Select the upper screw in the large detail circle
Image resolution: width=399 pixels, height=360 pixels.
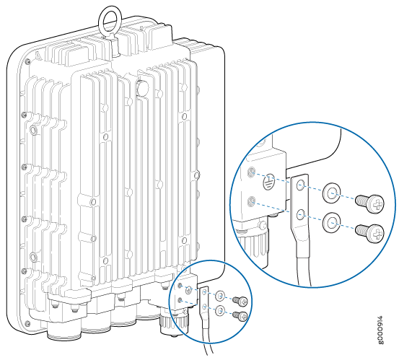369,203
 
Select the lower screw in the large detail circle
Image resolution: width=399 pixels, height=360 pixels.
369,233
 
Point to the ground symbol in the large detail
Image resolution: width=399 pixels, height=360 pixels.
268,182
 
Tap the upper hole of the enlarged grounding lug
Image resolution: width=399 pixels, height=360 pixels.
301,185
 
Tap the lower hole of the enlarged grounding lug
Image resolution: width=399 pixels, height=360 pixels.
301,214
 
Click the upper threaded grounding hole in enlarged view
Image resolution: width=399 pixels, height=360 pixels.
251,172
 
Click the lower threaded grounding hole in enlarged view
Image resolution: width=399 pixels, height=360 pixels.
251,201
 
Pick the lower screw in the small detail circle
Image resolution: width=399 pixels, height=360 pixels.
240,315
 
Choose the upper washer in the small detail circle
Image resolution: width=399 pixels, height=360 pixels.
220,296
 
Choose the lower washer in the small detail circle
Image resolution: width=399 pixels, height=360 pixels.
220,310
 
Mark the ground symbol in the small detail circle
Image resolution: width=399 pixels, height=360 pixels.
188,290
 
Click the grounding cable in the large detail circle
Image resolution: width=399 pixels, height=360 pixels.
304,267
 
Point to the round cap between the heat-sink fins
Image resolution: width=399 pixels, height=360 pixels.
142,88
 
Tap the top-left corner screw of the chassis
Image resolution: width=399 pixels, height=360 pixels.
28,61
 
